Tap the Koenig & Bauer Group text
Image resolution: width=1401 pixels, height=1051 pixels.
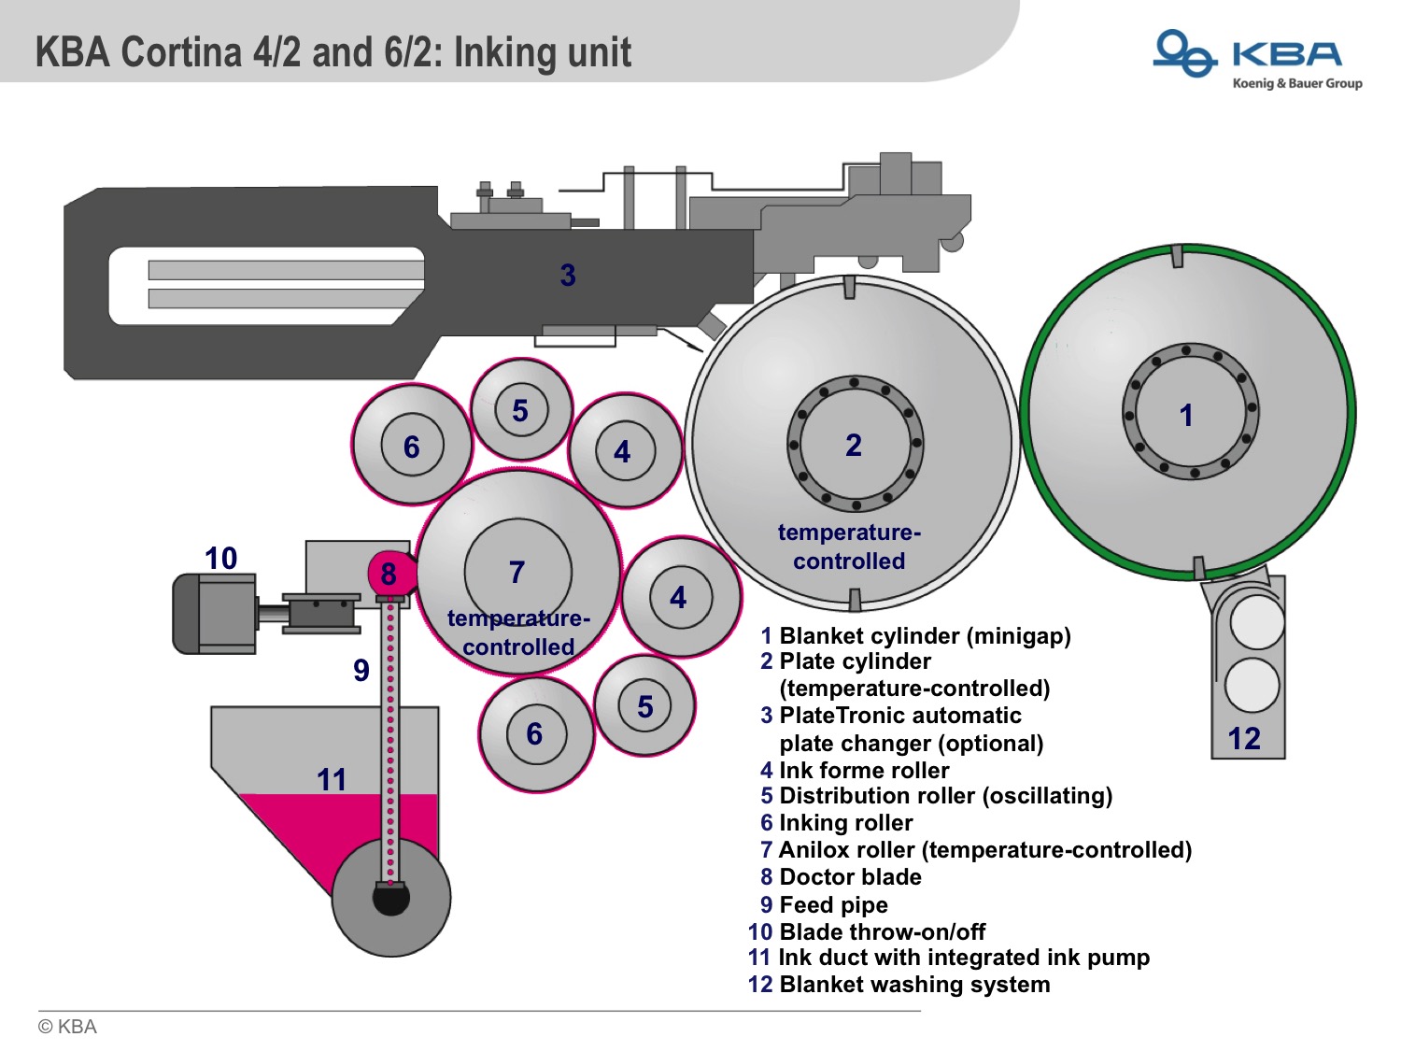point(1296,84)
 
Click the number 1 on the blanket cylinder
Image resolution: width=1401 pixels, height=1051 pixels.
point(1186,415)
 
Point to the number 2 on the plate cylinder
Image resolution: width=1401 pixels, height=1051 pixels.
point(853,445)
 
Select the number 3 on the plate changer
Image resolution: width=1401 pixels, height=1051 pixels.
point(568,275)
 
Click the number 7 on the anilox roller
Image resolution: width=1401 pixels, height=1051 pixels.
point(517,572)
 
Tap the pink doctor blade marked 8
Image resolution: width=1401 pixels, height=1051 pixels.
point(389,574)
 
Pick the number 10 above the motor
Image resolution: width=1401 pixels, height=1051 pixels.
point(221,558)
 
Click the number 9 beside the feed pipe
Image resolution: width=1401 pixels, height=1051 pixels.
point(361,670)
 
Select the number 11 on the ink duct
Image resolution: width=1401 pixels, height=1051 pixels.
point(332,779)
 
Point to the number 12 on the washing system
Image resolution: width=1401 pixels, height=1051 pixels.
point(1244,739)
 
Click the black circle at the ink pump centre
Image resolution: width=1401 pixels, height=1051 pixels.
point(390,899)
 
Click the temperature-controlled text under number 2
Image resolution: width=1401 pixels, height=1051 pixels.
point(849,547)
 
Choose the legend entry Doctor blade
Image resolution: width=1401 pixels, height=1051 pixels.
point(849,877)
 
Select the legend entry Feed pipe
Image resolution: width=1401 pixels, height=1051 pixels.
point(832,904)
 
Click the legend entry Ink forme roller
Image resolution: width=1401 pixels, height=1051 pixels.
point(863,770)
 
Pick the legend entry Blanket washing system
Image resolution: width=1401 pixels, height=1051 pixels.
point(913,985)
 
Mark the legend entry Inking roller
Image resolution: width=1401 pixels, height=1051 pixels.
point(845,823)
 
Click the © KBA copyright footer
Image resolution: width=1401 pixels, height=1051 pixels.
point(67,1027)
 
